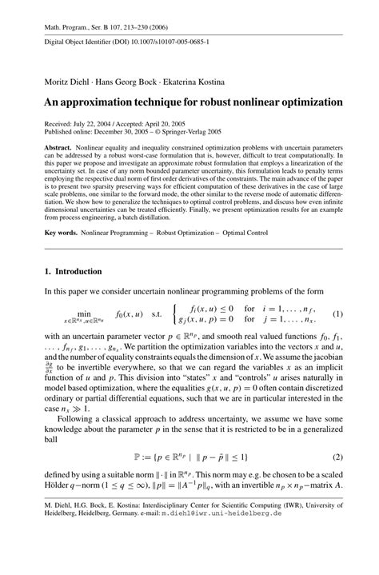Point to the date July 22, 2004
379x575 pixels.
96,124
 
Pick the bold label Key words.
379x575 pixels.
62,233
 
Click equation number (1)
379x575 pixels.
337,313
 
